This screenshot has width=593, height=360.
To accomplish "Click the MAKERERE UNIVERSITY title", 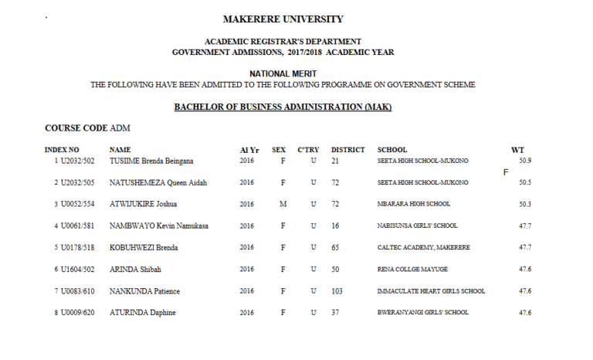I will click(x=283, y=19).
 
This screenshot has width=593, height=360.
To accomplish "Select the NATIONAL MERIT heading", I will click(x=283, y=73).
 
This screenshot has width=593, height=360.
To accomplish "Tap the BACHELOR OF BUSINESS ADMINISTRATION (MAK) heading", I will click(x=283, y=107).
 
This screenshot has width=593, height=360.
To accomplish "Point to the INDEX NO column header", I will click(x=62, y=150).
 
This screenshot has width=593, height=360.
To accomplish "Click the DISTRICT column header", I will click(x=347, y=150).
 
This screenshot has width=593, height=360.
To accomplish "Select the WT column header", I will click(x=517, y=150).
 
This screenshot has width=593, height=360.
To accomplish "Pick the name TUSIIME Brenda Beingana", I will click(x=151, y=161).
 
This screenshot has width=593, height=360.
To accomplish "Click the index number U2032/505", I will click(x=77, y=183).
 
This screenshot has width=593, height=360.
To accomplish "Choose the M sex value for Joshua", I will click(x=283, y=205).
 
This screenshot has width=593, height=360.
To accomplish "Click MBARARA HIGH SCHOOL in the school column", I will click(x=413, y=205).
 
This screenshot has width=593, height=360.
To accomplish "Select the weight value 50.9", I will click(x=525, y=161).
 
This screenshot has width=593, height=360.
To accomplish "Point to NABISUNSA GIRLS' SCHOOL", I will click(x=417, y=226).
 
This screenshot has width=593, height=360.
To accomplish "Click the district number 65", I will click(x=336, y=248).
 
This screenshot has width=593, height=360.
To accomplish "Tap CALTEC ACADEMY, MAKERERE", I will click(x=423, y=248).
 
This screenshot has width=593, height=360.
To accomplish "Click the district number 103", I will click(x=337, y=291).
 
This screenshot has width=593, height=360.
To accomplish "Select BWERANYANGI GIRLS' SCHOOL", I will click(x=422, y=313).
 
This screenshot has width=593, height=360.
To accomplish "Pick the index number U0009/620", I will click(x=77, y=313).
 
